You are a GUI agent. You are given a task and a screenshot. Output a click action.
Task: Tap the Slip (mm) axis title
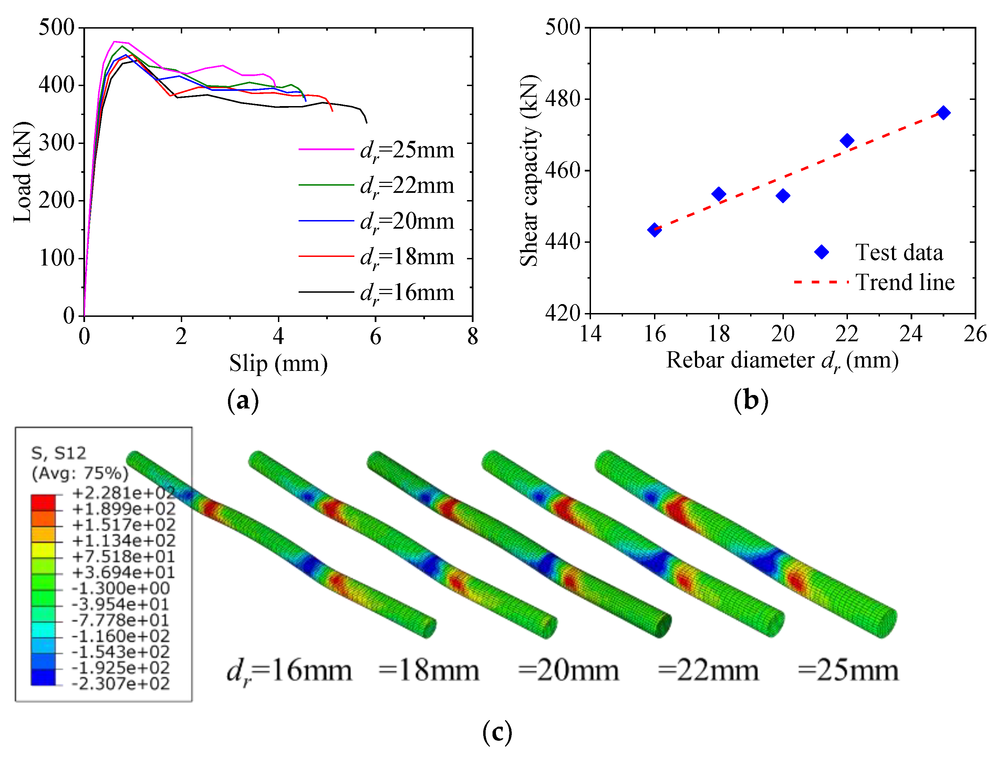278,364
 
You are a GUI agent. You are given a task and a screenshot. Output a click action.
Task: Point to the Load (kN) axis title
23,172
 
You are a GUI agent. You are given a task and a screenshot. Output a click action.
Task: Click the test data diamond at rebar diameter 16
654,229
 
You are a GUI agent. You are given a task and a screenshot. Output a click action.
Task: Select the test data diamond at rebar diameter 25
943,113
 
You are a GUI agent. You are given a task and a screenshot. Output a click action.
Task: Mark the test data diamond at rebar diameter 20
783,196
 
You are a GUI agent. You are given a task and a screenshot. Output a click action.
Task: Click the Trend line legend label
905,282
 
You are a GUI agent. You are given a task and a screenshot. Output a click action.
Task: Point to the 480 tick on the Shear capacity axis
562,99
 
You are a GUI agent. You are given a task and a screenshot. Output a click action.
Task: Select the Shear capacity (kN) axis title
529,171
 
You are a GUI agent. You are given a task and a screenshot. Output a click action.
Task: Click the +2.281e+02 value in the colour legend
123,493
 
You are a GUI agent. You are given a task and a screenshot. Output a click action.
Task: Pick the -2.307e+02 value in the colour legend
121,684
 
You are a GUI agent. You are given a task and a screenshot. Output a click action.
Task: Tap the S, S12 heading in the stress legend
59,453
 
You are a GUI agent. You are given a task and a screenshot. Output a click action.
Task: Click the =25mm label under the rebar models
848,671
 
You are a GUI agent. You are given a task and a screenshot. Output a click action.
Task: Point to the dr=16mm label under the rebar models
289,672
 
